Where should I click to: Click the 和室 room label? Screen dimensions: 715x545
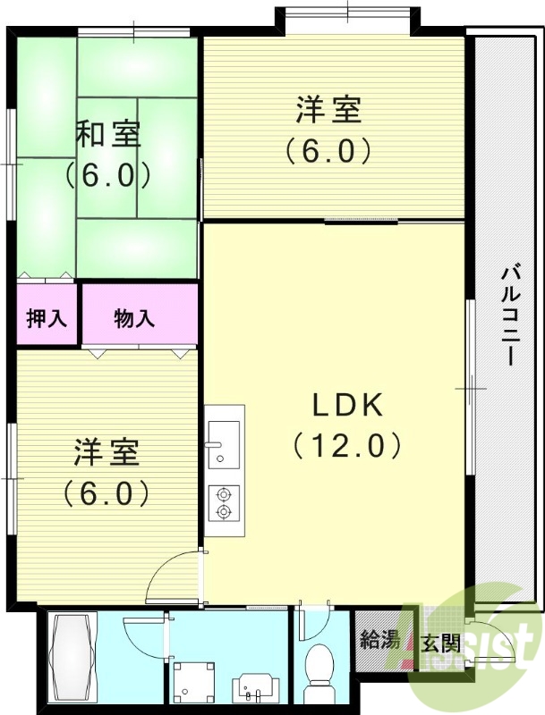pyautogui.click(x=107, y=135)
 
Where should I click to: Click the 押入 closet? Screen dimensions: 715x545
pyautogui.click(x=47, y=317)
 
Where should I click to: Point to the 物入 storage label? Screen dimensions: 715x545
pyautogui.click(x=135, y=317)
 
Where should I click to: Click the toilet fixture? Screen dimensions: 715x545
pyautogui.click(x=319, y=671)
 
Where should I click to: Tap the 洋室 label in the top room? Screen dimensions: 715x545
pyautogui.click(x=328, y=113)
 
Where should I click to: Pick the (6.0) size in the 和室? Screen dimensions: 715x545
pyautogui.click(x=107, y=175)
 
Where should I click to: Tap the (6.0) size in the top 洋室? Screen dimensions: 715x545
pyautogui.click(x=328, y=152)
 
